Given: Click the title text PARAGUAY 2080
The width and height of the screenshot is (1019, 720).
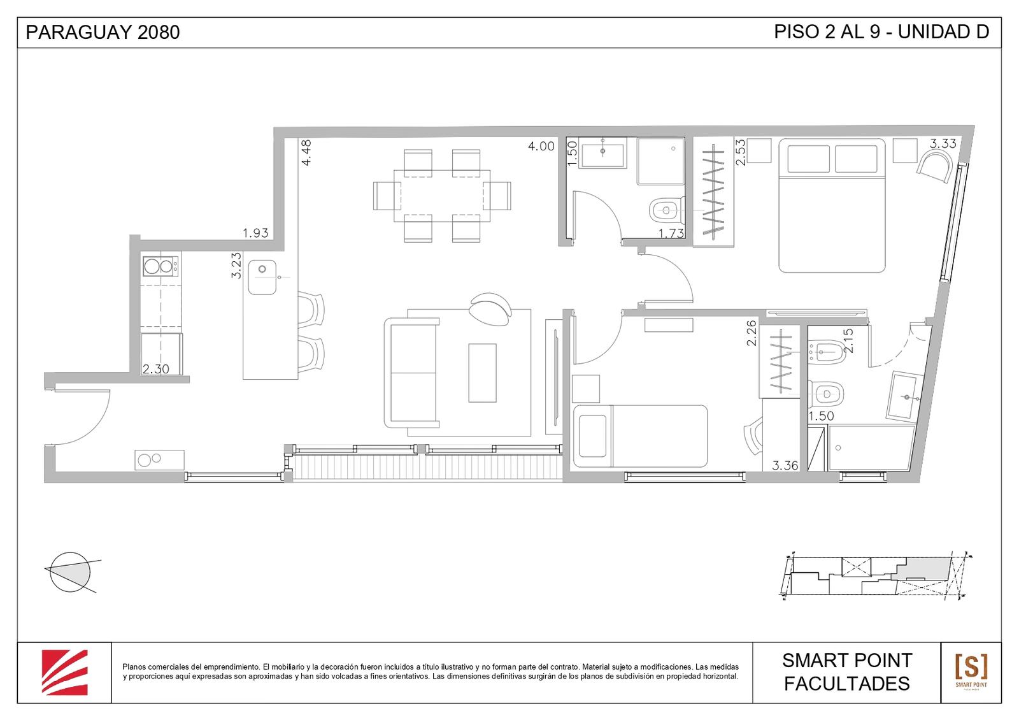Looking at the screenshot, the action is pos(103,32).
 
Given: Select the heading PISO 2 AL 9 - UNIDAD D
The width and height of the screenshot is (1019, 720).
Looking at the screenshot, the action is pos(881,32).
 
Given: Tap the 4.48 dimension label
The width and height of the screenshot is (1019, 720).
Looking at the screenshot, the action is pos(306,152).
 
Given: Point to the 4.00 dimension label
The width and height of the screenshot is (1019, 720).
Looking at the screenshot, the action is pos(541,146).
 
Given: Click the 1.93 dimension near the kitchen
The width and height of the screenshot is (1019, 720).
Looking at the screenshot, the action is pos(255,233).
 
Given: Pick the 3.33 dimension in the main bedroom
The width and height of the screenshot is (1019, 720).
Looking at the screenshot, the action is pos(943,143).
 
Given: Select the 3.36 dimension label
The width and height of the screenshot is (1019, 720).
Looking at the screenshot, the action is pos(785,466).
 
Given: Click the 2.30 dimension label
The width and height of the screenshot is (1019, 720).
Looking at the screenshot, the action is pos(156,369).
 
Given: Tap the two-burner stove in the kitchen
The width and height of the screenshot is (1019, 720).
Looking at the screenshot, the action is pos(160,266).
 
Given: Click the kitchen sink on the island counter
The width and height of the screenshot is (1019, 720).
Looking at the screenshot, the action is pos(262,277).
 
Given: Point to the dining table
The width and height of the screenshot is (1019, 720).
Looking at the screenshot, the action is pos(442,196).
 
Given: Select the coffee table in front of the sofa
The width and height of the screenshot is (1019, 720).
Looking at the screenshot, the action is pos(482,373).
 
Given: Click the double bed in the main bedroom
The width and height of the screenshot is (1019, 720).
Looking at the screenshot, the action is pos(832,206).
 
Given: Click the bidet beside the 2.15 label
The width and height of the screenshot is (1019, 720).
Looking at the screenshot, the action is pos(826,352).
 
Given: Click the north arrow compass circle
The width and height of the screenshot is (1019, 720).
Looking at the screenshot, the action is pos(70,572).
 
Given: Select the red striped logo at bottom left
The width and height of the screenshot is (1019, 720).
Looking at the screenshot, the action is pos(64,672).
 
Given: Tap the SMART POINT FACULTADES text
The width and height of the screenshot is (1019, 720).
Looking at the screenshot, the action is pos(847,672).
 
